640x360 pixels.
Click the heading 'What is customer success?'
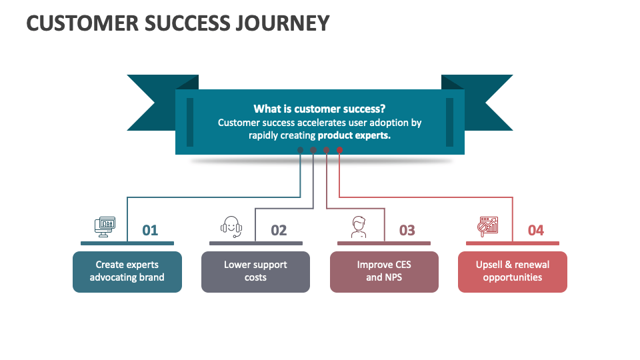[x=319, y=109]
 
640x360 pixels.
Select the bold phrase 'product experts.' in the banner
[x=354, y=135]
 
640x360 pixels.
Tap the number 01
[x=150, y=230]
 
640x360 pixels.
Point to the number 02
[x=279, y=230]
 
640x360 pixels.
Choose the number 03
[x=407, y=230]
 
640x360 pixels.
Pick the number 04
[x=535, y=230]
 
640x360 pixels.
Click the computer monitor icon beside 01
[x=105, y=227]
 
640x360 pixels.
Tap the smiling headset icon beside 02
[x=231, y=227]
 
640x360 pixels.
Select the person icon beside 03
[x=359, y=227]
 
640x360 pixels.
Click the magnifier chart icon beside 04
[x=488, y=227]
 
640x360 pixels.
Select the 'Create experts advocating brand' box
[x=127, y=271]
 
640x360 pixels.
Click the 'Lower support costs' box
[x=255, y=271]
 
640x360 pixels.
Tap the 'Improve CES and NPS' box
[x=384, y=271]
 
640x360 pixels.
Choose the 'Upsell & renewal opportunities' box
[x=512, y=271]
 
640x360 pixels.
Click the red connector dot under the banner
[x=339, y=150]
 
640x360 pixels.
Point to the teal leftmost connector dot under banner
[x=300, y=150]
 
